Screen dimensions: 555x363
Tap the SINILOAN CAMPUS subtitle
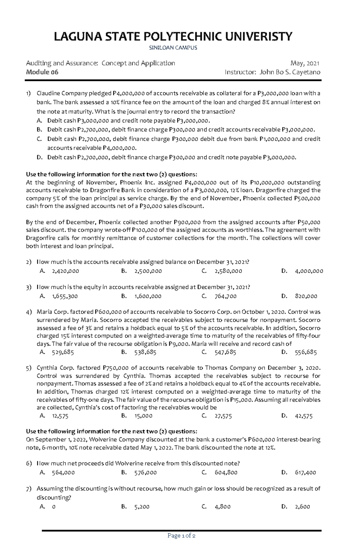[173, 48]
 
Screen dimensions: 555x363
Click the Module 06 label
[42, 72]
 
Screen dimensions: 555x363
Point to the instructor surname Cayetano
[306, 72]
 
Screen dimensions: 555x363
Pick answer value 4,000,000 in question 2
[309, 271]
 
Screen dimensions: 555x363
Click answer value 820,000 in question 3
[306, 296]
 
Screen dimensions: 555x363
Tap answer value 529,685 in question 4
[63, 352]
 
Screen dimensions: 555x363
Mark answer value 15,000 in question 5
[143, 416]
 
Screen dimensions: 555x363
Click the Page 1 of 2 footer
[181, 536]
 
